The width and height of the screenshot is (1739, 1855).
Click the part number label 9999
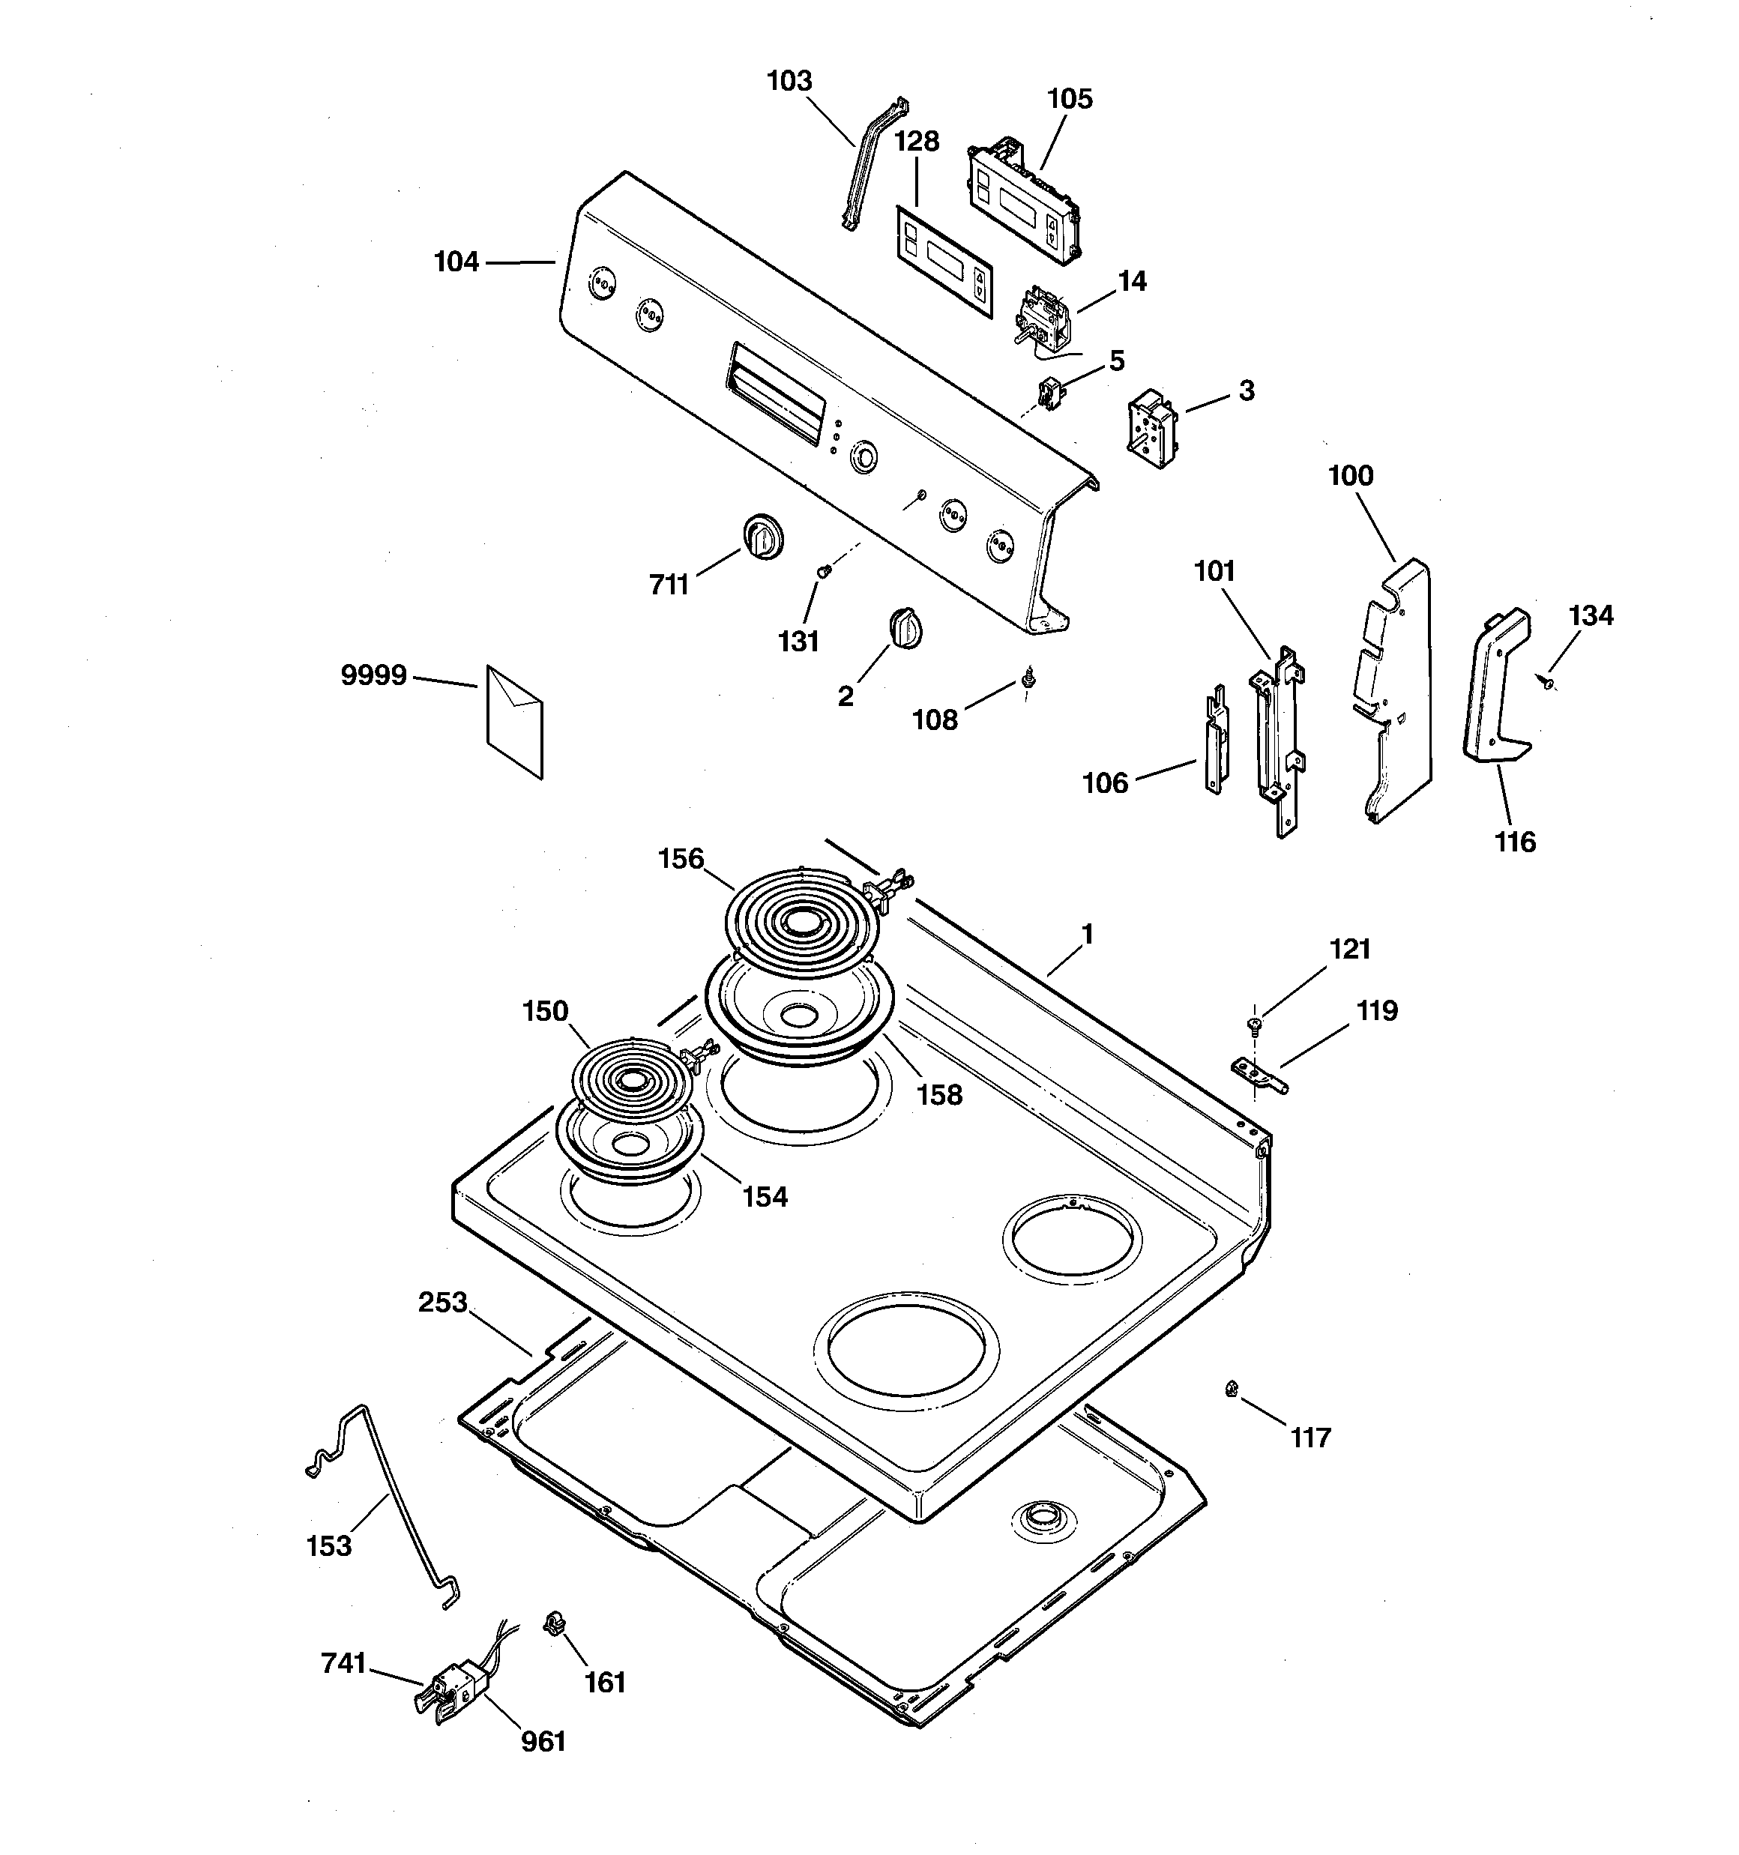coord(373,675)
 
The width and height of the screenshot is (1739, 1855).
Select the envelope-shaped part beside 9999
coord(514,721)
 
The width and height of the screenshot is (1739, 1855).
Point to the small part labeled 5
coord(1051,392)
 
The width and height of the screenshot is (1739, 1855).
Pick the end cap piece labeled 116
coord(1496,686)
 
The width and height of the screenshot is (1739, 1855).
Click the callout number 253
coord(442,1302)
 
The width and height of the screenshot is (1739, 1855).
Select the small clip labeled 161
coord(555,1624)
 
